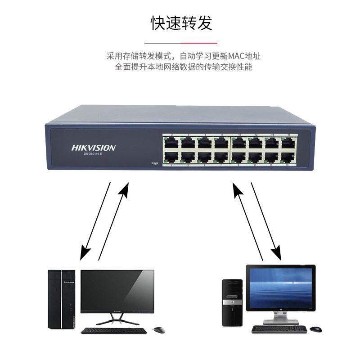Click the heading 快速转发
pos(181,23)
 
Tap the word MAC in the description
pos(234,56)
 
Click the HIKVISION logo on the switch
pos(93,148)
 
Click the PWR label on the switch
pos(155,163)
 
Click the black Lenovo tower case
pos(62,299)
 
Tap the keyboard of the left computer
pos(113,330)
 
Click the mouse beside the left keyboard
pos(159,330)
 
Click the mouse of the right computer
pos(315,329)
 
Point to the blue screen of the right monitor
pos(280,287)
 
